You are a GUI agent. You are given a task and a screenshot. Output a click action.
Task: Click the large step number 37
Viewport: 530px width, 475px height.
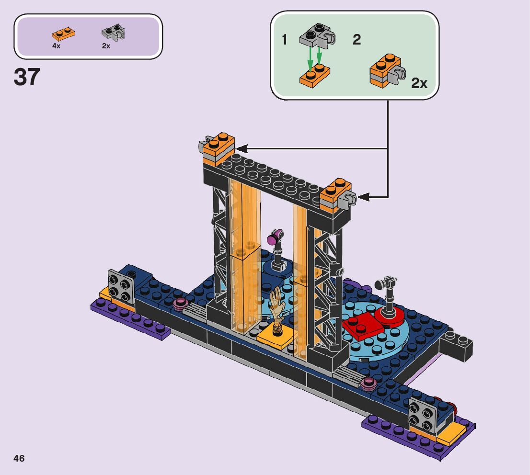(x=27, y=77)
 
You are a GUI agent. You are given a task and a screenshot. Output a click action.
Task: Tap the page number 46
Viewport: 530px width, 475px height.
(x=19, y=458)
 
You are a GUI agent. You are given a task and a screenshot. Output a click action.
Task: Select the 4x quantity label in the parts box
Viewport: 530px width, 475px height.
(x=56, y=46)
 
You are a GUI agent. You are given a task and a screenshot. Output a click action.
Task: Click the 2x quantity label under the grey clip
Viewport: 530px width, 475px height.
(x=106, y=46)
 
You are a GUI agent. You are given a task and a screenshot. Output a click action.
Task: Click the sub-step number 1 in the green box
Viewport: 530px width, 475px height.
(x=285, y=40)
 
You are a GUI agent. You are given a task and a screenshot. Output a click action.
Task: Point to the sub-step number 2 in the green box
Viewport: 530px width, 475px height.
(x=357, y=40)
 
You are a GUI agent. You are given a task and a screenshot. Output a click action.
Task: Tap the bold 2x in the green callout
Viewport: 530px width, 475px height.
(x=419, y=83)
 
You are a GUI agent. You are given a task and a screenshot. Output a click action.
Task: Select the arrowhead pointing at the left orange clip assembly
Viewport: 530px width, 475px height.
(x=240, y=149)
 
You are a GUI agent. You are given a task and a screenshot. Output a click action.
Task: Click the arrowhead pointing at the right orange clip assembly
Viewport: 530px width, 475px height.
(x=364, y=196)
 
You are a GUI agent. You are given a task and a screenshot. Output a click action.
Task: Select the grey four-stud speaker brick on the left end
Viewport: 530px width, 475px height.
(x=118, y=285)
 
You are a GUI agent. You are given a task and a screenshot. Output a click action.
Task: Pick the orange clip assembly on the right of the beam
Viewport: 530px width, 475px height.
(x=337, y=195)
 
